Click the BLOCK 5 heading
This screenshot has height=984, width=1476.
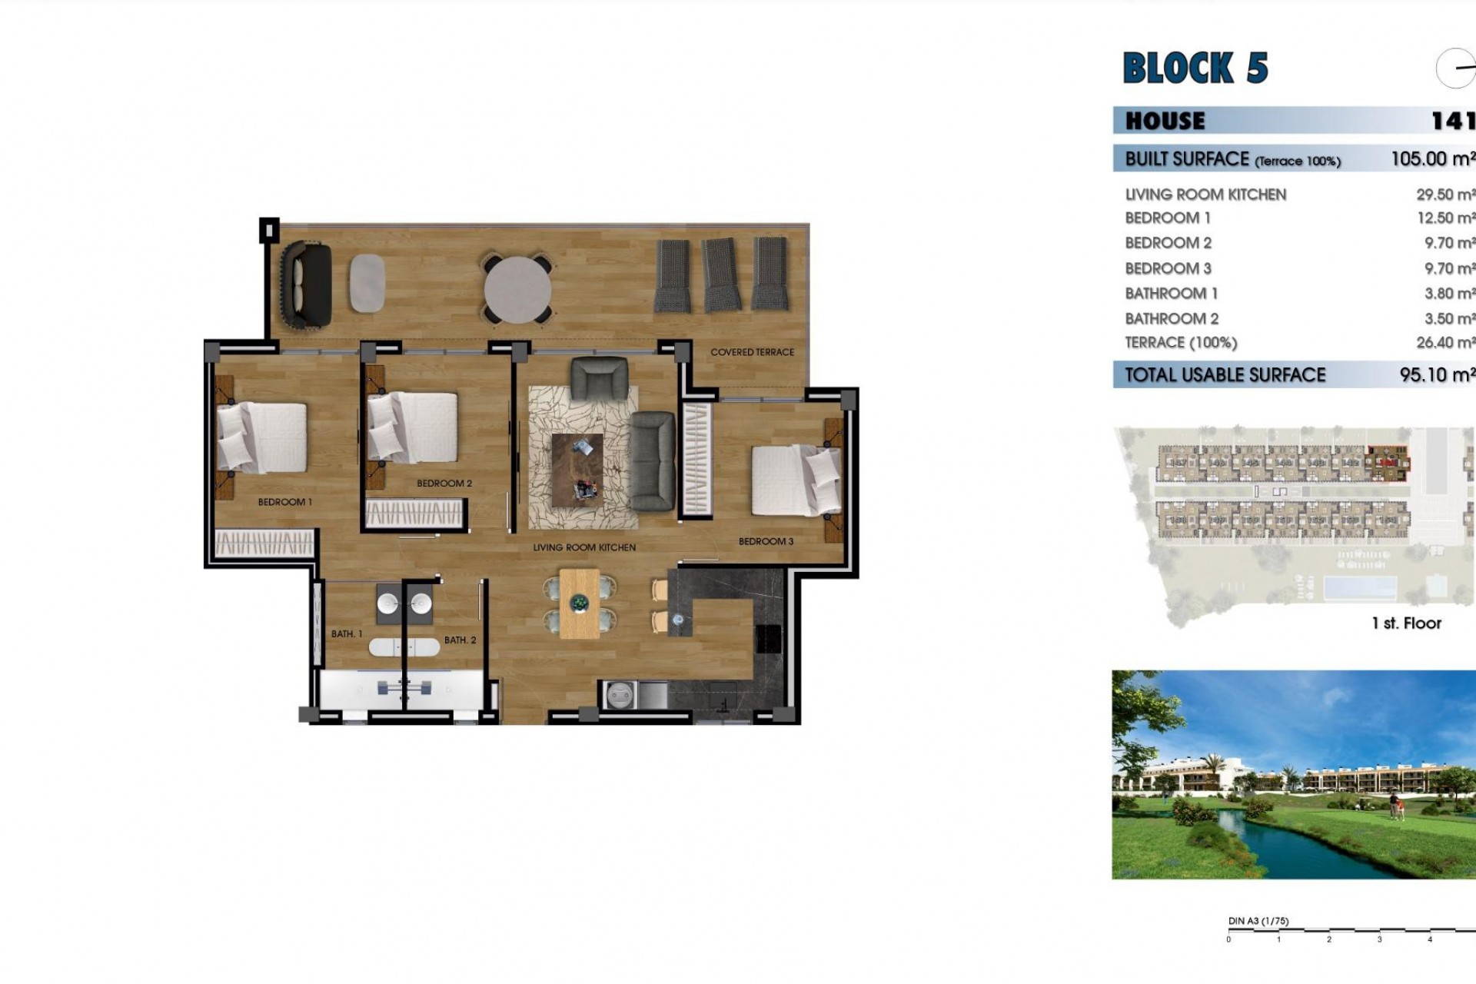coord(1195,68)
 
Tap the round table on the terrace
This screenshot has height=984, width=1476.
coord(517,290)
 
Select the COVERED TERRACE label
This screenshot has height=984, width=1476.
coord(752,352)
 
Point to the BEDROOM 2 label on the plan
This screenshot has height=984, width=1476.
coord(444,484)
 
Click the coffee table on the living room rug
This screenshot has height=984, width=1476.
coord(577,470)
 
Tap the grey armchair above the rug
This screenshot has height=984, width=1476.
coord(599,378)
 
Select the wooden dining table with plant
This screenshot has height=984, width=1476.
coord(580,603)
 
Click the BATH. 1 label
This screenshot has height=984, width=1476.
coord(347,634)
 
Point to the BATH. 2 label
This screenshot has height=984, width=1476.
coord(460,640)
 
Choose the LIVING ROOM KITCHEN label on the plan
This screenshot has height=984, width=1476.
coord(584,547)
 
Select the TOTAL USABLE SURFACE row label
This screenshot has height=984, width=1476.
coord(1225,375)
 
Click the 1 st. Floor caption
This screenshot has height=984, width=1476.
coord(1406,623)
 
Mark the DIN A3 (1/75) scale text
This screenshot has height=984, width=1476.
coord(1258,921)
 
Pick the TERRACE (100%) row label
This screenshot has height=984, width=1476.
coord(1181,343)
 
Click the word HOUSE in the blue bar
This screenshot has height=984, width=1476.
coord(1165,121)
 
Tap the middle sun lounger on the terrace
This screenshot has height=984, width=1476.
coord(720,274)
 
